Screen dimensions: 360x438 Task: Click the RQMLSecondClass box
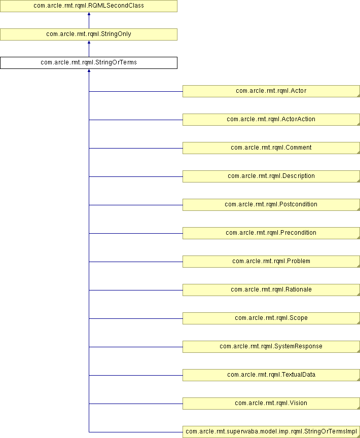tap(89, 6)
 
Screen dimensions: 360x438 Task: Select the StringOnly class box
tap(89, 34)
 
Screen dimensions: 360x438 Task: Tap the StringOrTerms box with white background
tap(89, 63)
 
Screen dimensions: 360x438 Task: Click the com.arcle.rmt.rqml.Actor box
tap(271, 91)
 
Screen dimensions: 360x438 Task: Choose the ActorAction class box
tap(271, 120)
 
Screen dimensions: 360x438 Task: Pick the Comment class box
tap(271, 148)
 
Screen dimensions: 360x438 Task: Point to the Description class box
tap(271, 176)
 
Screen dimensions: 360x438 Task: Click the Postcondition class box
tap(271, 205)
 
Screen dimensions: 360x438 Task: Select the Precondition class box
tap(271, 233)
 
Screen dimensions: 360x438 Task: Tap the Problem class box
tap(271, 262)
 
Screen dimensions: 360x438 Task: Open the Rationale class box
tap(271, 290)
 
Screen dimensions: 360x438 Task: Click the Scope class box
tap(271, 318)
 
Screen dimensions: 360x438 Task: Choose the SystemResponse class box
tap(271, 347)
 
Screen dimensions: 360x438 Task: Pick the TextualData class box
tap(271, 375)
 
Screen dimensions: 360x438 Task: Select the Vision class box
tap(271, 404)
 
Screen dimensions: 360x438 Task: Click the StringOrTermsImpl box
tap(271, 432)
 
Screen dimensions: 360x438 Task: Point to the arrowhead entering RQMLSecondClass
tap(89, 14)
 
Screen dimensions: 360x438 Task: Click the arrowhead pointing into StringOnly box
tap(89, 42)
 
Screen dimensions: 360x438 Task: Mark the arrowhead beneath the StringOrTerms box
tap(89, 70)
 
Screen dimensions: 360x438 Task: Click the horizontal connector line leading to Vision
tap(136, 404)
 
